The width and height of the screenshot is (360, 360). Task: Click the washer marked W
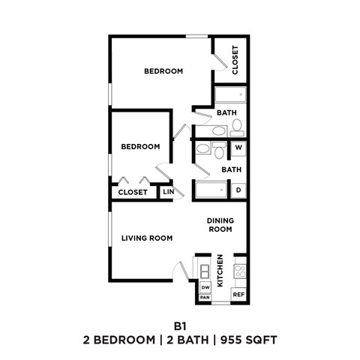coord(238,148)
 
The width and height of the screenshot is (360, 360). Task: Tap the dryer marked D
coord(238,190)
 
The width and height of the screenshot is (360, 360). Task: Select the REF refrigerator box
coord(239,295)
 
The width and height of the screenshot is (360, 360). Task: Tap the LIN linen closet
coord(169,192)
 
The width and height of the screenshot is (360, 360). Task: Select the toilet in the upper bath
coord(237,125)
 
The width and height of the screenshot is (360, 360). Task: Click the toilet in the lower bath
coord(219,153)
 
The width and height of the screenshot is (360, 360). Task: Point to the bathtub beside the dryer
coord(211,191)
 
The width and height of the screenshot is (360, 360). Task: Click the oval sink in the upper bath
coord(218,130)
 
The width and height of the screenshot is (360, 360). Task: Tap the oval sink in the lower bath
coord(202,149)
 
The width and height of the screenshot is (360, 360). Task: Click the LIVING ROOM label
coord(147,238)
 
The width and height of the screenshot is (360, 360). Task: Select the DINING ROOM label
coord(220,225)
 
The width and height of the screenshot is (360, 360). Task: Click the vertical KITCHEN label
coord(220,271)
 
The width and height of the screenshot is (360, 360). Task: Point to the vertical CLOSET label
coord(235,60)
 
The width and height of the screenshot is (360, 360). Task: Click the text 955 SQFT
coord(248,340)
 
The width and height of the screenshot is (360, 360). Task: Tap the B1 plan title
coord(180,325)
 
